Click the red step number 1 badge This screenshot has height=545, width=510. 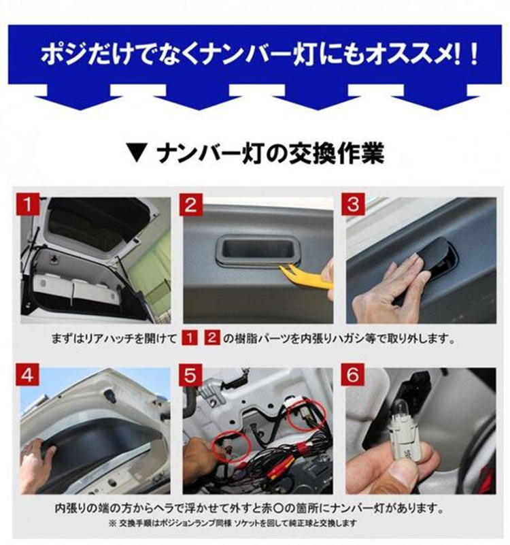[27, 204]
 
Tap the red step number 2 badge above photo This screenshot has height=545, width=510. [190, 204]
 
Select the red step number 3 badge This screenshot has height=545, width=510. [353, 204]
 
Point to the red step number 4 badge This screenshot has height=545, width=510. [27, 375]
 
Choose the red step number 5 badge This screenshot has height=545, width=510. [190, 375]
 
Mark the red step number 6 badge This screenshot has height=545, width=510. [353, 375]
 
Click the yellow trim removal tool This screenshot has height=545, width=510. [306, 276]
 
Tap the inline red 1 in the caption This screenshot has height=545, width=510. [189, 338]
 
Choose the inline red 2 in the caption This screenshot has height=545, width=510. [212, 338]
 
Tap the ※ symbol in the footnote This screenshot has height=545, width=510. [112, 523]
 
